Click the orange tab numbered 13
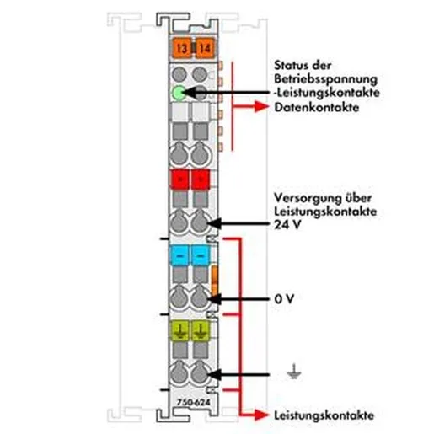[x=182, y=48]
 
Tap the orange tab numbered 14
[x=205, y=48]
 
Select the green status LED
[x=179, y=93]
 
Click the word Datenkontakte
[x=317, y=107]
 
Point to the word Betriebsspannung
[x=326, y=79]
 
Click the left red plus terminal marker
[x=179, y=179]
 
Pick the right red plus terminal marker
[x=201, y=179]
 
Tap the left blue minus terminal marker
[x=179, y=255]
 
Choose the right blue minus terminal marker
[x=201, y=255]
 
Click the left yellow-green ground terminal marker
[x=179, y=330]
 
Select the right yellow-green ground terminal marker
[x=201, y=330]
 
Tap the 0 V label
[x=284, y=299]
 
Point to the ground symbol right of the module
[x=294, y=372]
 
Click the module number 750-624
[x=193, y=403]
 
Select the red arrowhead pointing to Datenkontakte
[x=261, y=106]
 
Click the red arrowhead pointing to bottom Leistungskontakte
[x=261, y=415]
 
